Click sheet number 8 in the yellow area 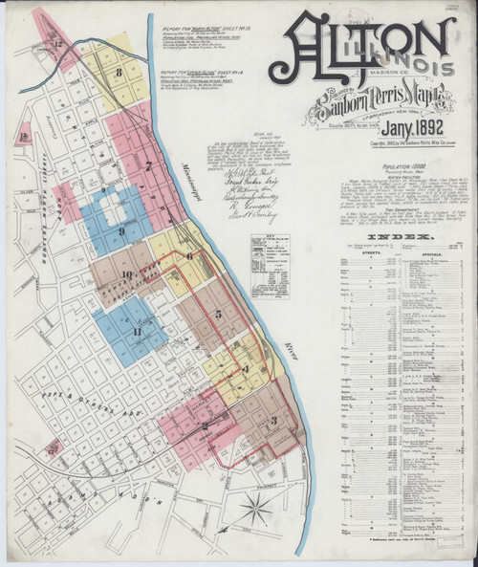[x=118, y=72]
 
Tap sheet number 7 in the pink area [x=150, y=164]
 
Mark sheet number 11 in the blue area [x=137, y=331]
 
